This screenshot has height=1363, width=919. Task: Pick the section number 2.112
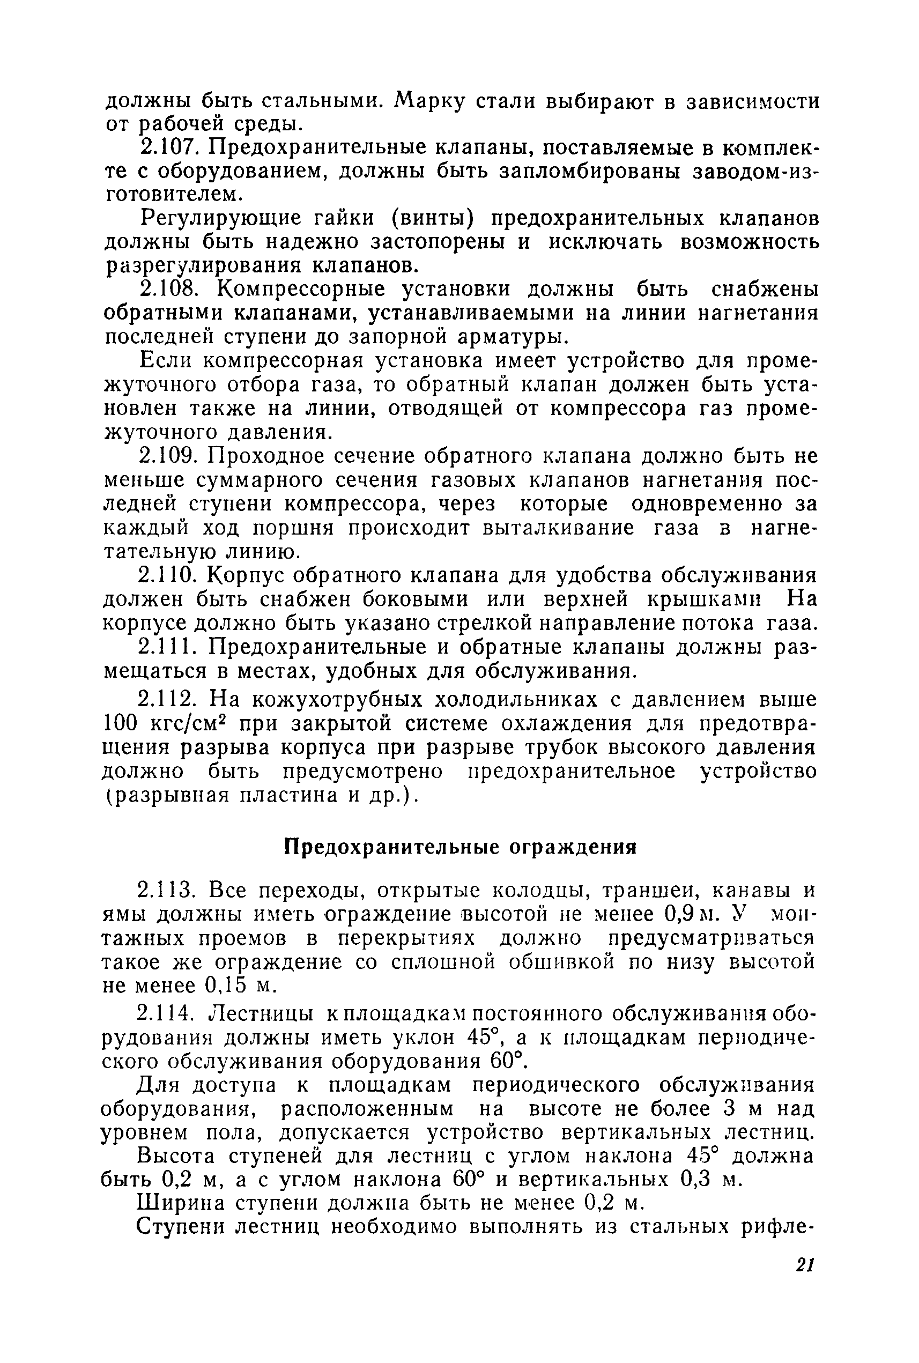click(x=171, y=700)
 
